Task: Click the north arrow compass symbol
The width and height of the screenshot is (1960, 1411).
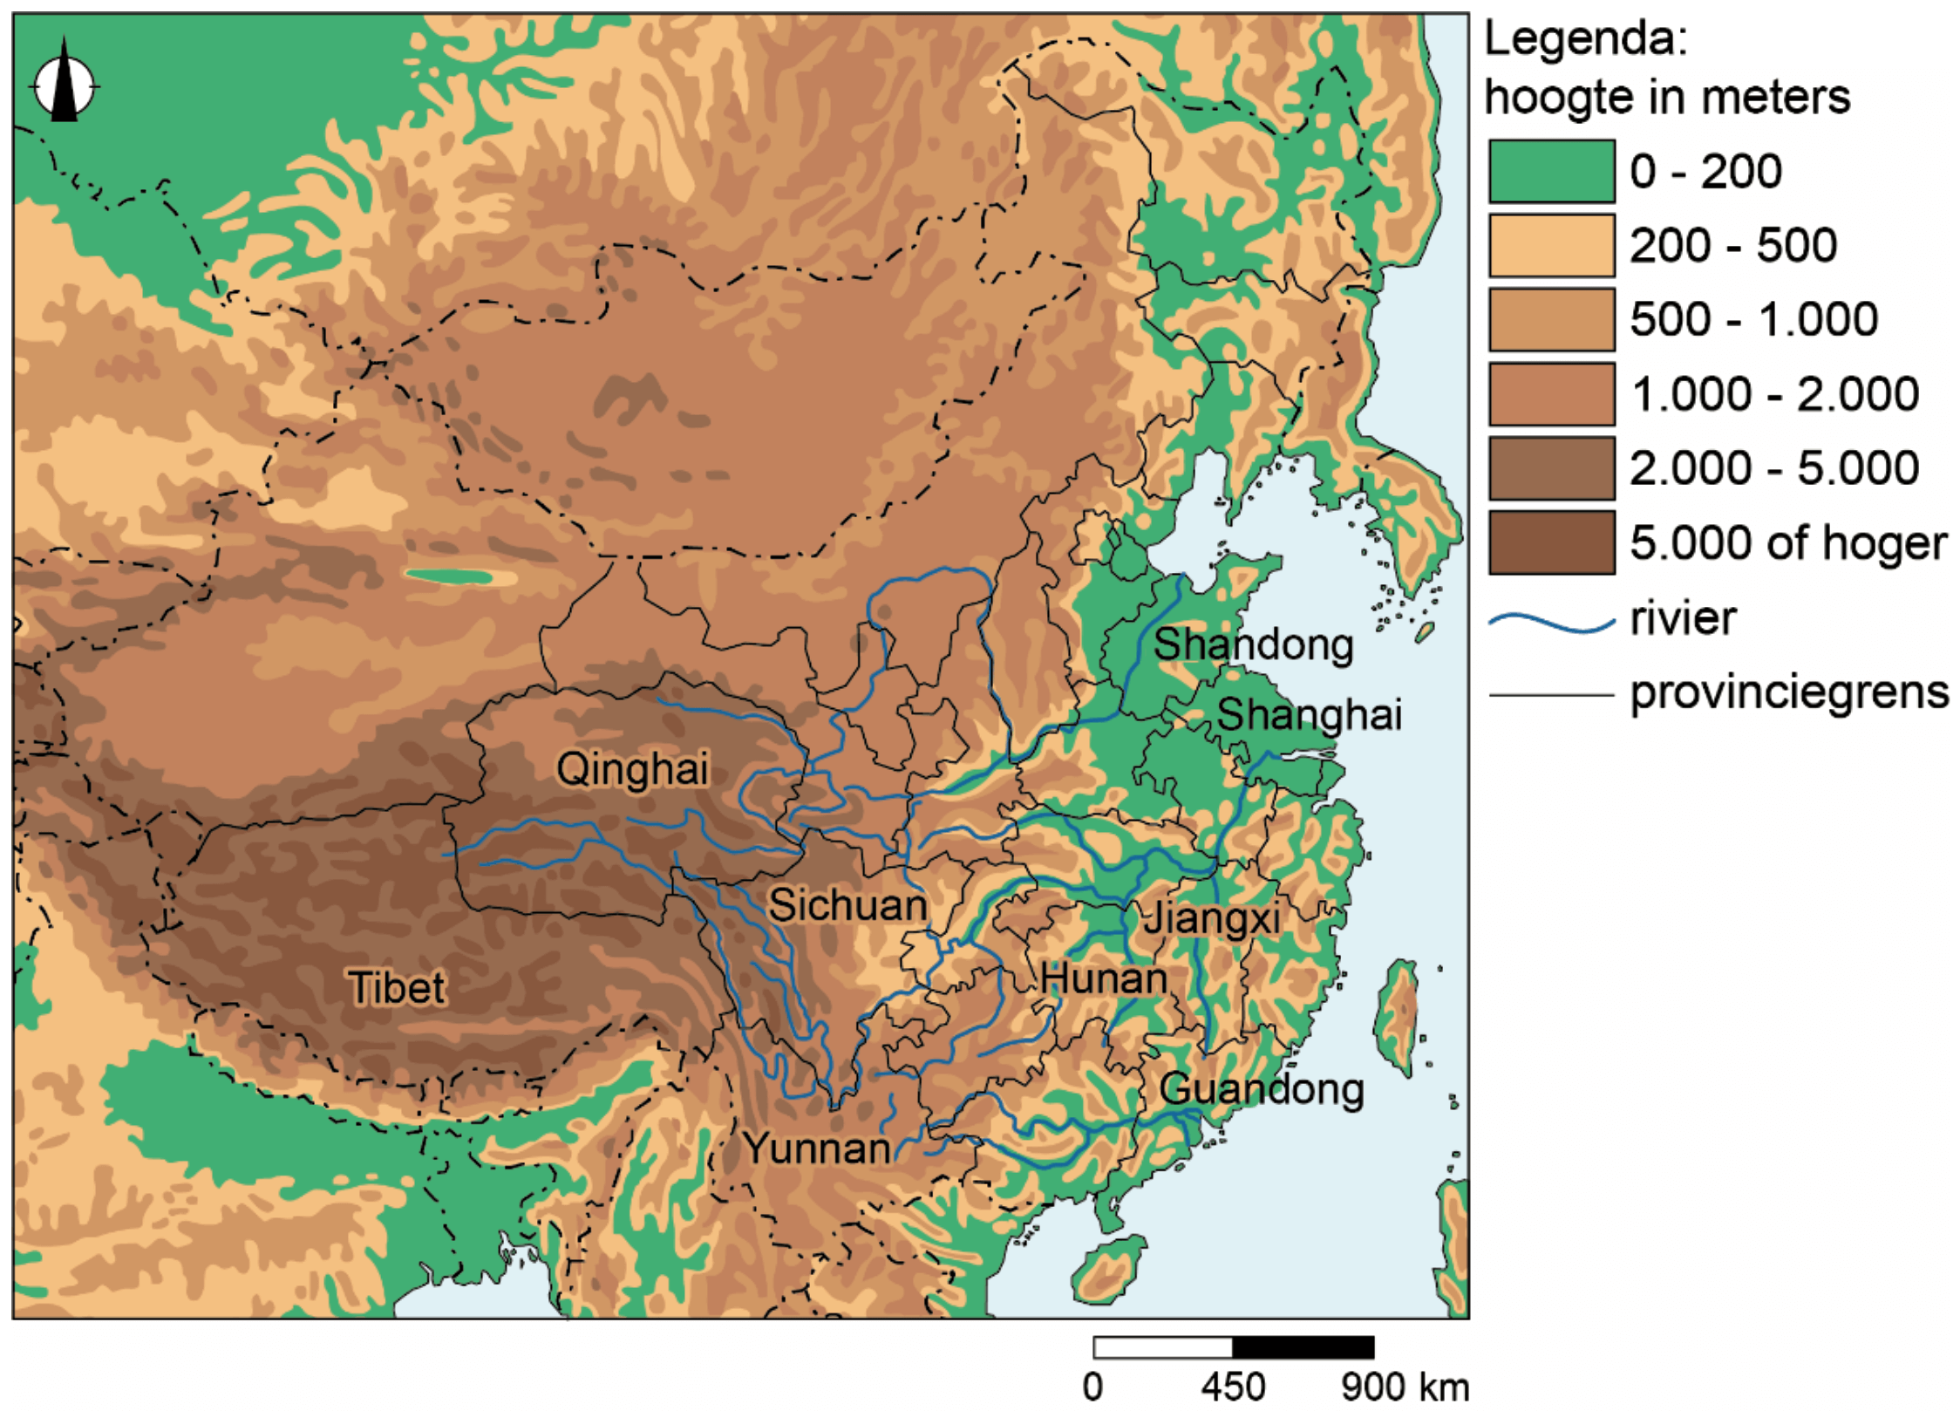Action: click(x=64, y=85)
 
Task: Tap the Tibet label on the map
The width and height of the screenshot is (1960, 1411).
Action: click(x=397, y=988)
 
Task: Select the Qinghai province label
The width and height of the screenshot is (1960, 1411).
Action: click(x=632, y=769)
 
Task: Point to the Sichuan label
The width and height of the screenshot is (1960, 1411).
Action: click(x=847, y=905)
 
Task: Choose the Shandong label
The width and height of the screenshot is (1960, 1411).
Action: click(x=1253, y=645)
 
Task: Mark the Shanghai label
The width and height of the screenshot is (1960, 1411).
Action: click(x=1309, y=715)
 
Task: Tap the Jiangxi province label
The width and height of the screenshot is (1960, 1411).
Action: click(x=1212, y=918)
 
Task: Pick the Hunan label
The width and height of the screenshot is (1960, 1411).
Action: click(x=1104, y=978)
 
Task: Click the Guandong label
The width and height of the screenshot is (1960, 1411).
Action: click(x=1262, y=1089)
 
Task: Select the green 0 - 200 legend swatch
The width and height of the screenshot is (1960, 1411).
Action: click(x=1551, y=171)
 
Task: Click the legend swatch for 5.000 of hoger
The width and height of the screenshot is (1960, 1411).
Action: click(x=1551, y=542)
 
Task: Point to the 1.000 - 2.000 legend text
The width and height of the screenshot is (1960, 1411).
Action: click(x=1774, y=394)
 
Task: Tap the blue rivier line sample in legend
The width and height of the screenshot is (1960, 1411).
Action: click(x=1551, y=622)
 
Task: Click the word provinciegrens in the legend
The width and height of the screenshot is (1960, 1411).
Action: click(x=1789, y=693)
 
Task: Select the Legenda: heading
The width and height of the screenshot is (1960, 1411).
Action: click(x=1586, y=39)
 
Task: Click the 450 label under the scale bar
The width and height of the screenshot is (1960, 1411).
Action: click(x=1233, y=1387)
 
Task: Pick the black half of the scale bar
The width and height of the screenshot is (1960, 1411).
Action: click(x=1303, y=1347)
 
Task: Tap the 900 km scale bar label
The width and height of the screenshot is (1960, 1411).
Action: click(x=1405, y=1387)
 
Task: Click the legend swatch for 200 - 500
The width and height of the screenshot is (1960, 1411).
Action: click(x=1551, y=245)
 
